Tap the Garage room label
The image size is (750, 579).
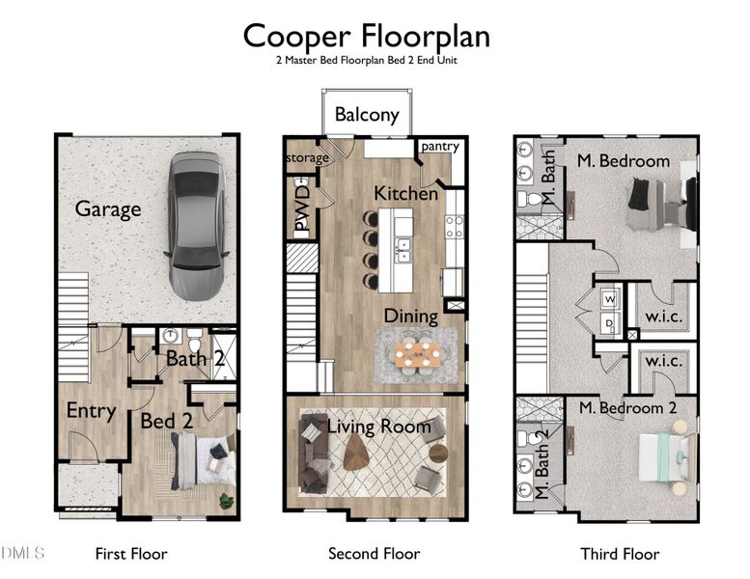108,208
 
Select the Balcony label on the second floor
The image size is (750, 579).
366,115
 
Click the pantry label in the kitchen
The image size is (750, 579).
440,146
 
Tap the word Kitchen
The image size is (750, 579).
406,194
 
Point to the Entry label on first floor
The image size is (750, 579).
91,411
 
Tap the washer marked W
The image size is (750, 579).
609,299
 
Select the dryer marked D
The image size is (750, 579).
609,323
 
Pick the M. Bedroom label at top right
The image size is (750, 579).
622,161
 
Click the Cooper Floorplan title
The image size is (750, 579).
366,36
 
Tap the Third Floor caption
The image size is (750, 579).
620,554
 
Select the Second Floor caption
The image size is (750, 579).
374,554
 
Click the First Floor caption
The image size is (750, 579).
130,554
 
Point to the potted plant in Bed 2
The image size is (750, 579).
225,501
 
